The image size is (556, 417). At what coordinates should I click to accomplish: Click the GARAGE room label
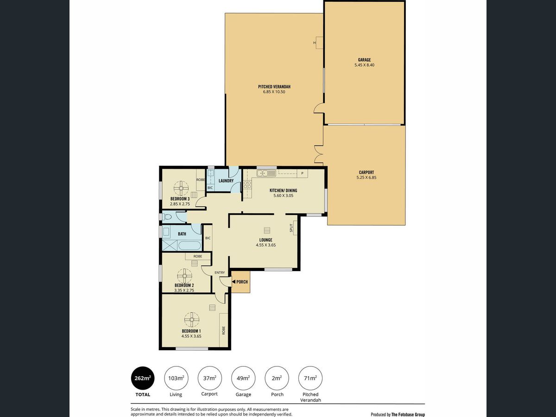(x=364, y=60)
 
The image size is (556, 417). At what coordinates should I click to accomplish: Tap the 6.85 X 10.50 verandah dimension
(x=274, y=92)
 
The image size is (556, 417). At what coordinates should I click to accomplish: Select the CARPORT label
(x=366, y=172)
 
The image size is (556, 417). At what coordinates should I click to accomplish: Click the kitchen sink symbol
(x=266, y=173)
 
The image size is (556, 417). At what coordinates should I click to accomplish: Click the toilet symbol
(x=167, y=217)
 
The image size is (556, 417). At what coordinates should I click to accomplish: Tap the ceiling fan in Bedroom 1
(x=192, y=320)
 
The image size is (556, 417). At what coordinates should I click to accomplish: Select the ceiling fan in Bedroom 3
(x=181, y=188)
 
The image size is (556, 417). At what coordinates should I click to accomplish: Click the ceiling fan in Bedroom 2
(x=185, y=276)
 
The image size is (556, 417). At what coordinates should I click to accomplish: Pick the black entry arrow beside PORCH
(x=234, y=282)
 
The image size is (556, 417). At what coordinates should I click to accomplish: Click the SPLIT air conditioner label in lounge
(x=291, y=228)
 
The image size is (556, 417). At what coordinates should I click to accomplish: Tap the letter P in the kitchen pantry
(x=302, y=173)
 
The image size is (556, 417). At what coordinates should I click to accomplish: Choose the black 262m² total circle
(x=143, y=378)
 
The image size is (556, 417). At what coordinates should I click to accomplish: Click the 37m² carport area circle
(x=209, y=378)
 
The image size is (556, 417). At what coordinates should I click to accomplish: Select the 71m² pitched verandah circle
(x=310, y=378)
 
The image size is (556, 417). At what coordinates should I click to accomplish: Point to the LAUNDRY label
(x=226, y=181)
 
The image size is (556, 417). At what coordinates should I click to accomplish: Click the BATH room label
(x=182, y=234)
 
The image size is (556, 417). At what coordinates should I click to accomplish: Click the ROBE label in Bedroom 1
(x=223, y=330)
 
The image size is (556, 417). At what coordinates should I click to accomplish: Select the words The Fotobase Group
(x=408, y=415)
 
